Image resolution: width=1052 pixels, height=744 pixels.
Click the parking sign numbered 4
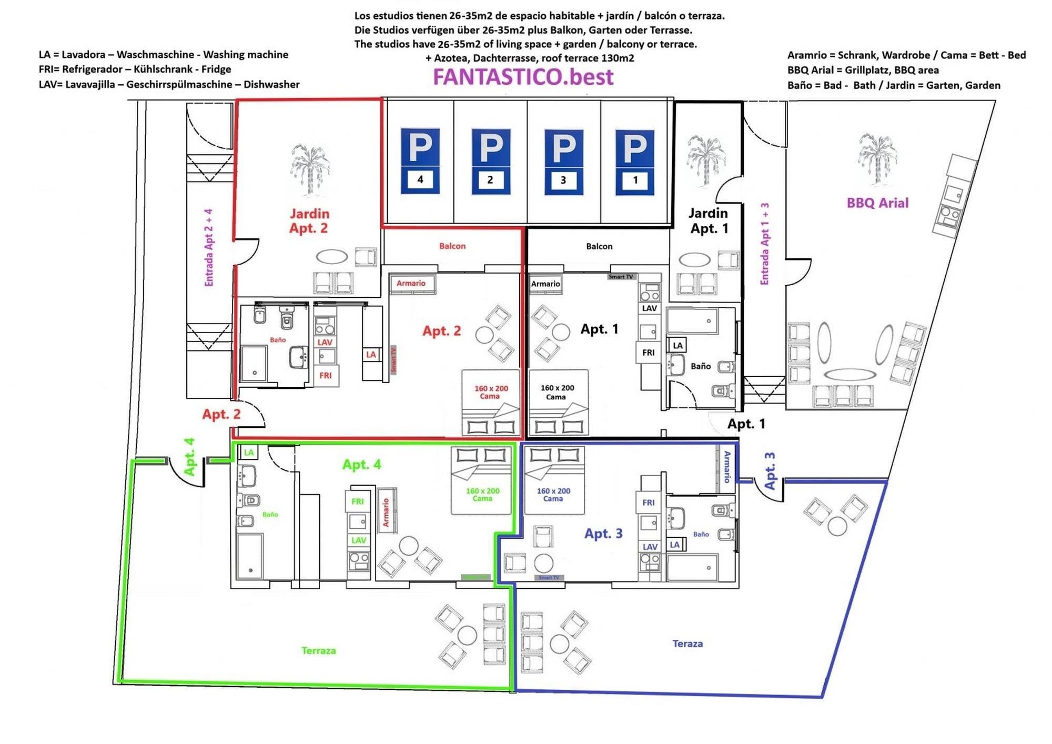[x=420, y=161]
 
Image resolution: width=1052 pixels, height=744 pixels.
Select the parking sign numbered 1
[x=635, y=162]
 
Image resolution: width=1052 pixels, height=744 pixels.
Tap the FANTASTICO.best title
[x=523, y=77]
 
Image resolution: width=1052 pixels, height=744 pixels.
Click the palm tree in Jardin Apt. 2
[x=310, y=168]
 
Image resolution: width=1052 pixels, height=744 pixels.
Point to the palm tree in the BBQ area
[x=877, y=158]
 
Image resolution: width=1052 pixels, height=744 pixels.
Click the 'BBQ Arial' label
[x=877, y=203]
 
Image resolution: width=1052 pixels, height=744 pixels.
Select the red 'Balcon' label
[x=452, y=246]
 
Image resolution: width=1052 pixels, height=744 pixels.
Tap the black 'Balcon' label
[x=599, y=246]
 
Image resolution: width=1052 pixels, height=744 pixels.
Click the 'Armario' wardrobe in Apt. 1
[x=545, y=284]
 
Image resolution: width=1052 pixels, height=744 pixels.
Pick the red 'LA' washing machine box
[x=371, y=355]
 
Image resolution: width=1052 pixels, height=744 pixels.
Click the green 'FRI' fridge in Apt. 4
[x=357, y=501]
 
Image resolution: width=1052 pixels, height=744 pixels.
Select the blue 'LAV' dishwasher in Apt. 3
[x=650, y=547]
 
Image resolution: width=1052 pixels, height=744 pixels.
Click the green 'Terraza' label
[x=318, y=650]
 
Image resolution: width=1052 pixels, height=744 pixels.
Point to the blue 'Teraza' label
[x=687, y=644]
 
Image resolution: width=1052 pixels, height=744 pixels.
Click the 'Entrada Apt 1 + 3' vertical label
[x=765, y=244]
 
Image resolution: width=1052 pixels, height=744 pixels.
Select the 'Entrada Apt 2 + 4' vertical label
[x=209, y=247]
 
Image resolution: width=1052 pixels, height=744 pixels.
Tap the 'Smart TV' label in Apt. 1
[x=621, y=277]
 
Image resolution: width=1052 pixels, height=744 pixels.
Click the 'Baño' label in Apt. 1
[x=701, y=366]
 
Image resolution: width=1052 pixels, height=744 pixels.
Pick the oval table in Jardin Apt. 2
[x=331, y=257]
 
